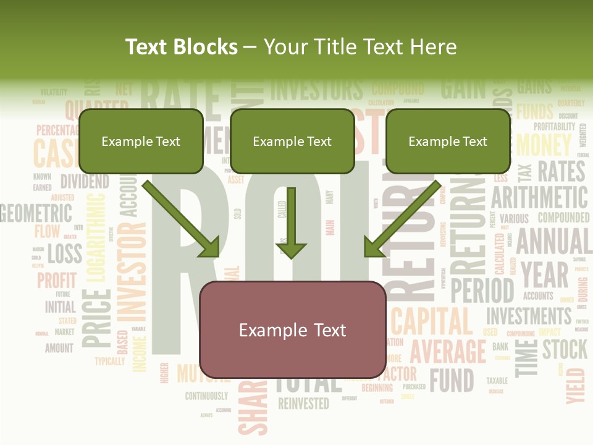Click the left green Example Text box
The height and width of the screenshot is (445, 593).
pos(141,141)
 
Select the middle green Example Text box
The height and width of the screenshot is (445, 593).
pos(292,141)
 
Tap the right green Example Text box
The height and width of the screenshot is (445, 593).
pos(448,141)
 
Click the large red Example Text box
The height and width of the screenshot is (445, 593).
pos(292,329)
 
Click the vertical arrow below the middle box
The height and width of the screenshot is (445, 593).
pos(291,222)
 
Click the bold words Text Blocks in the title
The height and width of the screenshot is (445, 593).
pos(181,47)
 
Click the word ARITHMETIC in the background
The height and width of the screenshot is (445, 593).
pos(539,197)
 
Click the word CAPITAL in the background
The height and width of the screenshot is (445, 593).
pos(432,321)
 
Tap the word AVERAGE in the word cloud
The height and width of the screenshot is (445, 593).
pos(448,351)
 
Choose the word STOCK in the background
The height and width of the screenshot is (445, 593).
pos(565,349)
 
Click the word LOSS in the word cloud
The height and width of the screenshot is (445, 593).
pos(64,253)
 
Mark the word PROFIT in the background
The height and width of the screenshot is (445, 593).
pos(57,280)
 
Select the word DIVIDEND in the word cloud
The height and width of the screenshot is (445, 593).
pos(84,182)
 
